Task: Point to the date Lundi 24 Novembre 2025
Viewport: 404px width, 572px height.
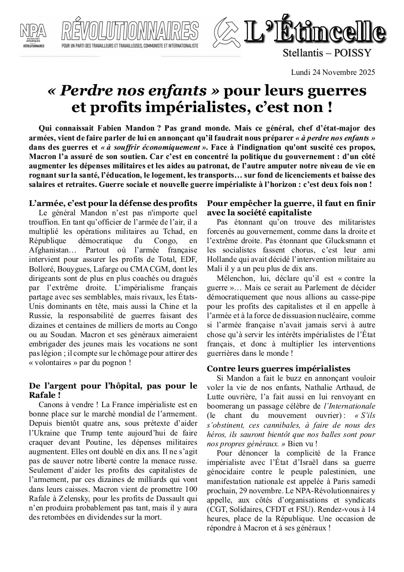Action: [x=333, y=72]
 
